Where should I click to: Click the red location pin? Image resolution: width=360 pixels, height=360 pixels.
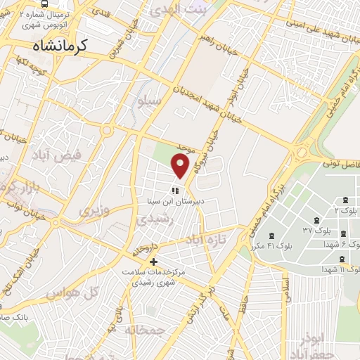coord(181,165)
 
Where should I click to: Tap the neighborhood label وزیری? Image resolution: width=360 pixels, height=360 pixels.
coord(94,210)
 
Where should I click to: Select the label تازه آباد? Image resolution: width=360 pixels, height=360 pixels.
coord(204,240)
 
